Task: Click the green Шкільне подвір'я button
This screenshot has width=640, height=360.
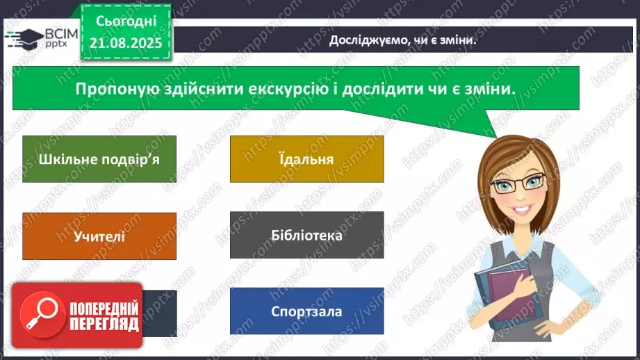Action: click(x=99, y=158)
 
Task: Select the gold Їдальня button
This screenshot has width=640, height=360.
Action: click(x=306, y=158)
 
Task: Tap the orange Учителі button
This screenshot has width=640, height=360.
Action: click(x=99, y=236)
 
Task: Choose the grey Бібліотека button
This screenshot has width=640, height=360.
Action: click(x=306, y=235)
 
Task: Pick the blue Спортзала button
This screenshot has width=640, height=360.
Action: click(x=306, y=311)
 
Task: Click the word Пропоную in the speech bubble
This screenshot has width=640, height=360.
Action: click(x=114, y=89)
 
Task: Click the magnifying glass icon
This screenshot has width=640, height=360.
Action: click(x=38, y=311)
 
